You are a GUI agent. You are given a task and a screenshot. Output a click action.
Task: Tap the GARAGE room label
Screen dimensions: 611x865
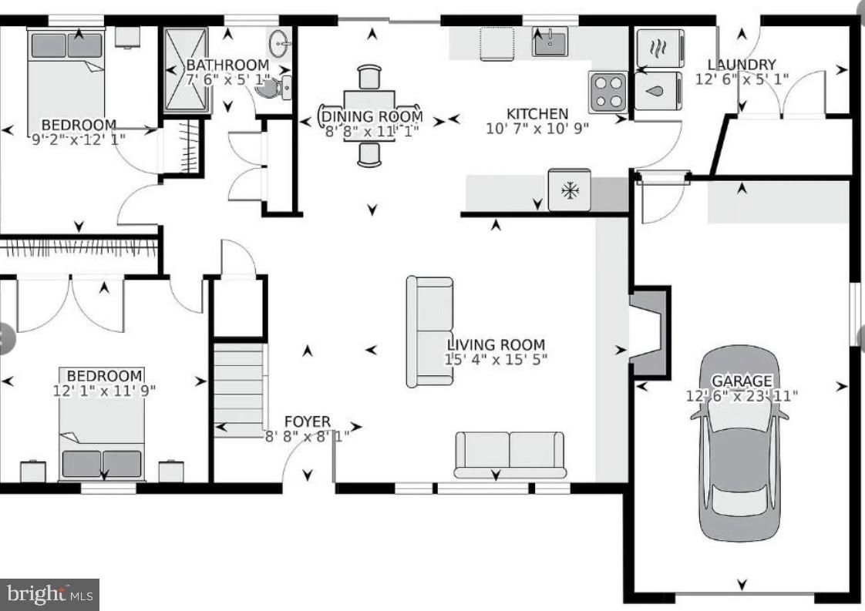pyautogui.click(x=741, y=381)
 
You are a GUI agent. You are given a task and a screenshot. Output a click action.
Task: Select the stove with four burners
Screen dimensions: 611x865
pyautogui.click(x=608, y=92)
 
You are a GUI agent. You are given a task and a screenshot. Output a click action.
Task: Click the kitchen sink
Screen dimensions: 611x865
pyautogui.click(x=550, y=41)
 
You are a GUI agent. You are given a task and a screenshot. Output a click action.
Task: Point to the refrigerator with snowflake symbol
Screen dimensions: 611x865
pyautogui.click(x=569, y=190)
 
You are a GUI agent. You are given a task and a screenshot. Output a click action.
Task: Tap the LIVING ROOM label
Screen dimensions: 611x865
pyautogui.click(x=496, y=344)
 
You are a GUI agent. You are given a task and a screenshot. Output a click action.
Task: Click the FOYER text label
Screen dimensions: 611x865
pyautogui.click(x=307, y=421)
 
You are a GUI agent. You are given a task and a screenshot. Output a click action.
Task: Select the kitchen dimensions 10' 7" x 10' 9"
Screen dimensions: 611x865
pyautogui.click(x=537, y=129)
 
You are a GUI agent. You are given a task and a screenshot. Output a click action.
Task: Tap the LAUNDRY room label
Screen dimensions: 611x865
pyautogui.click(x=741, y=65)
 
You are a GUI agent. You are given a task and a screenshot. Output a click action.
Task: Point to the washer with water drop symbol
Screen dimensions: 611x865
pyautogui.click(x=658, y=92)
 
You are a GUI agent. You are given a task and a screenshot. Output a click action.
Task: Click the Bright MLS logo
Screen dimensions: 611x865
pyautogui.click(x=49, y=593)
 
